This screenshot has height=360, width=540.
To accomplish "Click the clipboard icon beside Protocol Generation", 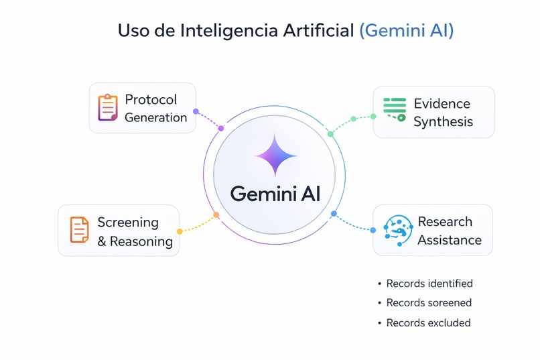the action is (108, 107).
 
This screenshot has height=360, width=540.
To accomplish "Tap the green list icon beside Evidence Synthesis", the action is (395, 109).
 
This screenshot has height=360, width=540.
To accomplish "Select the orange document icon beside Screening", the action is (80, 230).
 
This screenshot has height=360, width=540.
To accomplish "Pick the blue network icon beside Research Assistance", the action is (398, 231).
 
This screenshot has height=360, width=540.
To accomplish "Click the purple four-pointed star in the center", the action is (275, 156).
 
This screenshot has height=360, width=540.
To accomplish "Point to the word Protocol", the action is (151, 99).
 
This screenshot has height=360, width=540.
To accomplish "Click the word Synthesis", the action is (444, 122).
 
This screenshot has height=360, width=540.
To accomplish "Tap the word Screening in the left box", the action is (128, 223).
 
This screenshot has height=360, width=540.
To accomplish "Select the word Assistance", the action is (450, 240).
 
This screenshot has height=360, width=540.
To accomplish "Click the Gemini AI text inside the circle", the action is (275, 194).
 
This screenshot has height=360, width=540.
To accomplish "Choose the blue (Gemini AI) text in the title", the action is (407, 30).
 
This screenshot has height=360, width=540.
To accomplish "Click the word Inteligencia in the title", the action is (229, 30).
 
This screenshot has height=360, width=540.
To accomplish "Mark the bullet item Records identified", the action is (429, 283).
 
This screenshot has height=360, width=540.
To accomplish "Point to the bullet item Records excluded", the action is (428, 323).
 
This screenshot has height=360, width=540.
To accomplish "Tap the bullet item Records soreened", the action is (429, 303).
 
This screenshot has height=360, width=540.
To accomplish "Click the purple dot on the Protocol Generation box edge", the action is (196, 111).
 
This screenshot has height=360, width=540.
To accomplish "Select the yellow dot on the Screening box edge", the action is (180, 231).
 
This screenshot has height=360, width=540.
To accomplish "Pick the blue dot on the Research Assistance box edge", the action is (373, 230).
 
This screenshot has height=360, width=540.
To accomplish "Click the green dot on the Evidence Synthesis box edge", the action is (373, 117).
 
